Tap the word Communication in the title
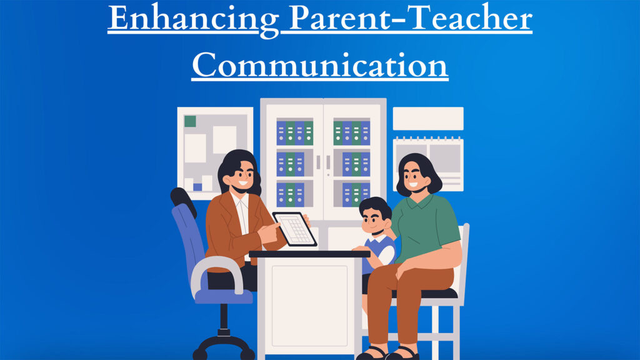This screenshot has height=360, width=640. pyautogui.click(x=319, y=65)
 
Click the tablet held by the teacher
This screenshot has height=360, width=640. pyautogui.click(x=294, y=229)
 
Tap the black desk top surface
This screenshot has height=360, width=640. pyautogui.click(x=309, y=254)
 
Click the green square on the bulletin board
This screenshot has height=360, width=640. pyautogui.click(x=190, y=121)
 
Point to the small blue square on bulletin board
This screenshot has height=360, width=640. pyautogui.click(x=197, y=187)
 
